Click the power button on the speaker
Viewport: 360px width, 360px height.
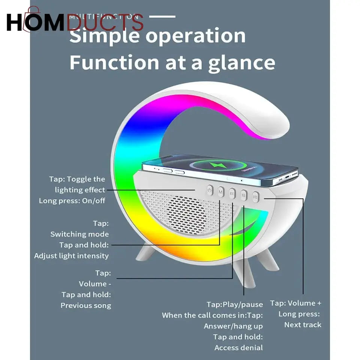pos(210,190)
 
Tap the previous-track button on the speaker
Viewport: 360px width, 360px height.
pos(232,193)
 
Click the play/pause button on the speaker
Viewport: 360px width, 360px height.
pos(244,195)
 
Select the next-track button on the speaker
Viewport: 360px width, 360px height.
pos(256,196)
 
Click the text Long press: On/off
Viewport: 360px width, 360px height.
pos(72,201)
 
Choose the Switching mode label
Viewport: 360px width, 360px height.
pos(79,234)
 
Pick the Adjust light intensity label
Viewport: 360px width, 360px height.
pos(71,256)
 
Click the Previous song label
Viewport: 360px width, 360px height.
pos(86,305)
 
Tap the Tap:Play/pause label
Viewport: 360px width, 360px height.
pos(235,304)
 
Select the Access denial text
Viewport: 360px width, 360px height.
pos(238,348)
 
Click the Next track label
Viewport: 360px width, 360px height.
pos(303,325)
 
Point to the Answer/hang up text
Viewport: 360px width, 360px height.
pos(233,326)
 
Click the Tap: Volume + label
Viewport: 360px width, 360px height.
pos(295,303)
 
